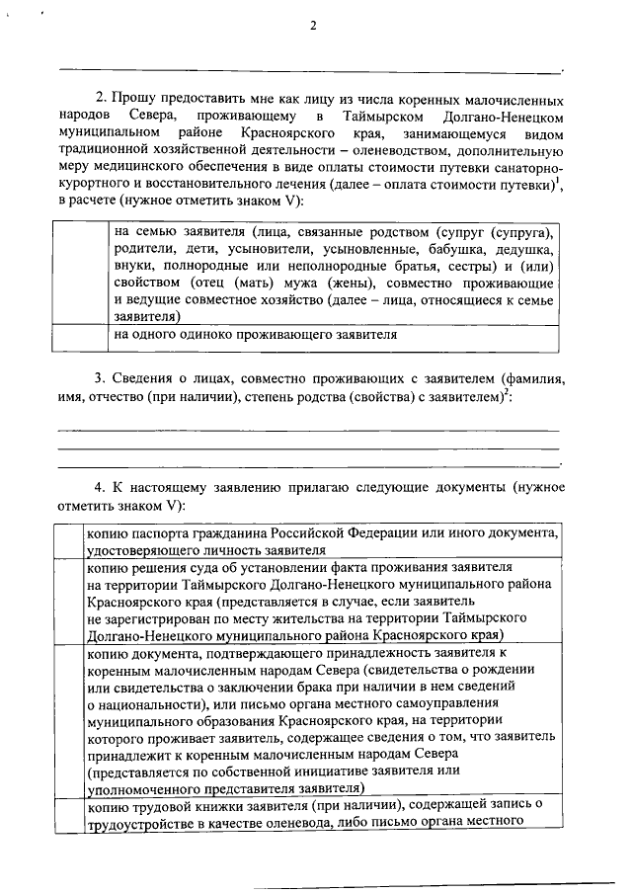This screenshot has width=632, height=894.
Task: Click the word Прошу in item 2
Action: (134, 101)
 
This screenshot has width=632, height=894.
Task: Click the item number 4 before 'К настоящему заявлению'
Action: (100, 488)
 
